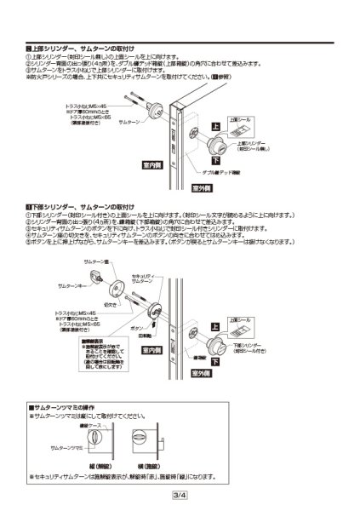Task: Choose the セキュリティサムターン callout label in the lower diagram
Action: click(x=143, y=279)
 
